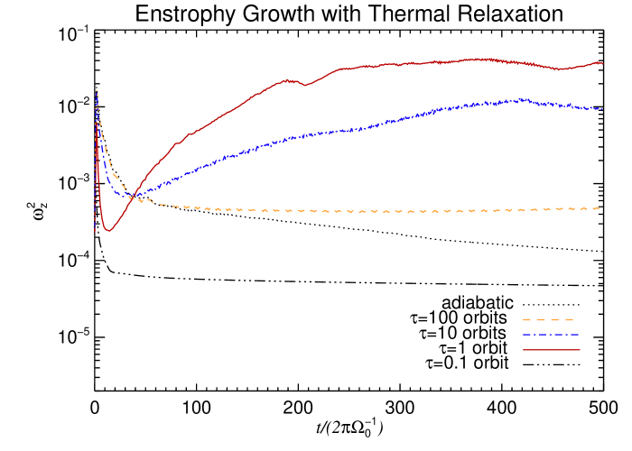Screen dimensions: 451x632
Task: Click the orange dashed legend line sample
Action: pyautogui.click(x=549, y=319)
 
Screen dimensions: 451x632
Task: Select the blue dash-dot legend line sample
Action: pyautogui.click(x=551, y=335)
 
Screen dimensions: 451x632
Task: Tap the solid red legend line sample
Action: pyautogui.click(x=551, y=349)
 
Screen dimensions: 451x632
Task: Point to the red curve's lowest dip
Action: pyautogui.click(x=108, y=231)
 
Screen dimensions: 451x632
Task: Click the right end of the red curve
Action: pyautogui.click(x=602, y=63)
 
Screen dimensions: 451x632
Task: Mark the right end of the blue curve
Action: pyautogui.click(x=602, y=109)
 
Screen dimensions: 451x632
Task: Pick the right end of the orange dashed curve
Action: pyautogui.click(x=599, y=208)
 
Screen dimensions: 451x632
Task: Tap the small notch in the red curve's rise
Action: pyautogui.click(x=306, y=86)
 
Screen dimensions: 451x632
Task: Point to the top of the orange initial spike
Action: pyautogui.click(x=97, y=90)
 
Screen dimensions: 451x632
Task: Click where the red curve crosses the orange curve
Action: pyautogui.click(x=133, y=198)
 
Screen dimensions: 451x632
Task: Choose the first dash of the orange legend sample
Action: pyautogui.click(x=527, y=319)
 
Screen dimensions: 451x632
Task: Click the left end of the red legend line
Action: pyautogui.click(x=524, y=349)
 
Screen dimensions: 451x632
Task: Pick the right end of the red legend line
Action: pyautogui.click(x=580, y=349)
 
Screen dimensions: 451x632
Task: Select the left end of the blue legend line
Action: pyautogui.click(x=524, y=335)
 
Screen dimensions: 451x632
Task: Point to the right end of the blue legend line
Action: pyautogui.click(x=580, y=335)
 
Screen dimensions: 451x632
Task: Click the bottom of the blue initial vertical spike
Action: pyautogui.click(x=95, y=232)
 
